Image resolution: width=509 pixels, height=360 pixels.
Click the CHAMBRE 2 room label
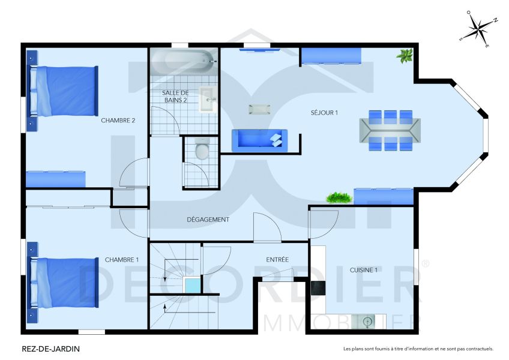118,121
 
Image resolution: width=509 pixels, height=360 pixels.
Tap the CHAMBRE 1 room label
121,260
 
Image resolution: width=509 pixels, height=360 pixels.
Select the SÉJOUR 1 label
324,113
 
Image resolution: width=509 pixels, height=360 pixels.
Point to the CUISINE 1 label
364,270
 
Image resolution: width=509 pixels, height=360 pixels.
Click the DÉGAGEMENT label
208,220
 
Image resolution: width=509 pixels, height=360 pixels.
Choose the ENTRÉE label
277,260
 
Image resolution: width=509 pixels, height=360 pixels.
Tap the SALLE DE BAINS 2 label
175,96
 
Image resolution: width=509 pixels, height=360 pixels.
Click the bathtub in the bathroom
182,61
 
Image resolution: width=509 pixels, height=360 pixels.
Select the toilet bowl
202,151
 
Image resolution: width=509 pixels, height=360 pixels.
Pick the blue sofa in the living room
259,140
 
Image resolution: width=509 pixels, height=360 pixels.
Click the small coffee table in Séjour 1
259,109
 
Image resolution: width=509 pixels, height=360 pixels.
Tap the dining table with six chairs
390,130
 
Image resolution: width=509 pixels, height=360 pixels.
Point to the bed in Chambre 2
66,91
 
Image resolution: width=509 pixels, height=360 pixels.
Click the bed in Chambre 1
66,282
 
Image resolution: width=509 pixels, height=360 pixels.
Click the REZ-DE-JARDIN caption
51,348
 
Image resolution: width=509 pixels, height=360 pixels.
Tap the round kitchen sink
368,322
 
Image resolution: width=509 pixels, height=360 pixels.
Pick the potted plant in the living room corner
405,56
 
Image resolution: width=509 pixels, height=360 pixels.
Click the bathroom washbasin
206,99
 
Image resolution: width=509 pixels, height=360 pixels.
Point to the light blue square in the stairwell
193,286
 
